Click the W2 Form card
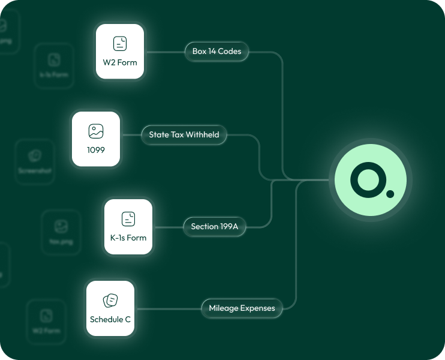pyautogui.click(x=120, y=52)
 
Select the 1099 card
pyautogui.click(x=96, y=139)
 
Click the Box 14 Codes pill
pyautogui.click(x=217, y=52)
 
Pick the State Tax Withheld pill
pyautogui.click(x=184, y=135)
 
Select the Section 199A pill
pyautogui.click(x=214, y=227)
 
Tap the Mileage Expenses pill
pyautogui.click(x=242, y=308)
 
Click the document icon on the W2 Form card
pyautogui.click(x=120, y=43)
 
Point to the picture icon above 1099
pyautogui.click(x=96, y=131)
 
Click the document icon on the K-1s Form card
pyautogui.click(x=128, y=218)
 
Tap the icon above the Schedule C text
pyautogui.click(x=110, y=300)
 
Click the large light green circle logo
pyautogui.click(x=369, y=180)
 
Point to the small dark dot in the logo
pyautogui.click(x=390, y=194)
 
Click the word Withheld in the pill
pyautogui.click(x=202, y=135)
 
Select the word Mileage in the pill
pyautogui.click(x=224, y=308)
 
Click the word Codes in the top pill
pyautogui.click(x=230, y=52)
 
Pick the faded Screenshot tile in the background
pyautogui.click(x=35, y=161)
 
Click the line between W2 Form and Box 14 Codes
pyautogui.click(x=165, y=52)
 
